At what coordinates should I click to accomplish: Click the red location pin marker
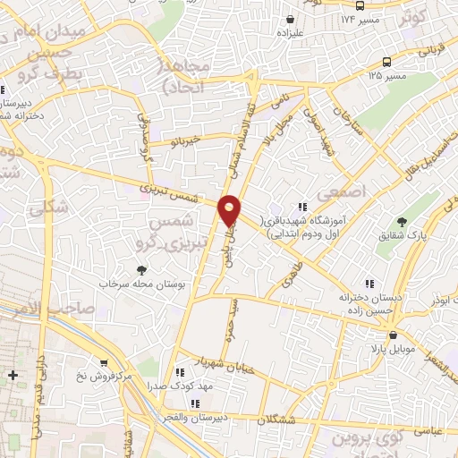[230, 209]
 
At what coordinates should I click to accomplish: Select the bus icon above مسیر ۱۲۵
[386, 62]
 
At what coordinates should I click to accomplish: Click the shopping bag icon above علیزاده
[290, 18]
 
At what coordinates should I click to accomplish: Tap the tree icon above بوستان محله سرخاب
[142, 268]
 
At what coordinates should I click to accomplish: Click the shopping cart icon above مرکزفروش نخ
[106, 363]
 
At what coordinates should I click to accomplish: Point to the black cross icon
[12, 375]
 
